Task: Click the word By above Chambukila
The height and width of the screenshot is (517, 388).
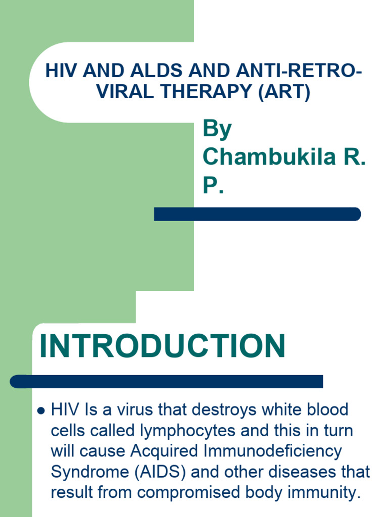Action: coord(217,130)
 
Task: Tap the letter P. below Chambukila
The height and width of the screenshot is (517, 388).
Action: coord(213,185)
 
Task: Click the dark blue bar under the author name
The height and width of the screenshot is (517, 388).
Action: coord(257,214)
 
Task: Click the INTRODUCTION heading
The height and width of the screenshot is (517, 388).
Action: coord(162,347)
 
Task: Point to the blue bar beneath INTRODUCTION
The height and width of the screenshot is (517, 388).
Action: coord(167,382)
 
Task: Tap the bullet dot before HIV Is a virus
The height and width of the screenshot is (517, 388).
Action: coord(42,410)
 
